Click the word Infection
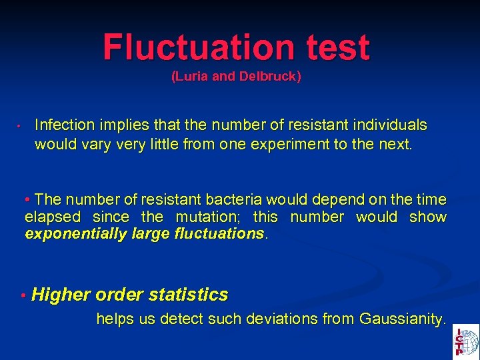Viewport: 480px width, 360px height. [64, 125]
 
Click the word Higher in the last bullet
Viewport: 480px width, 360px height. [61, 295]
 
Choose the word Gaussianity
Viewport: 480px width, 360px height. [400, 319]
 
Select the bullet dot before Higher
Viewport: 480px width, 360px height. [23, 295]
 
